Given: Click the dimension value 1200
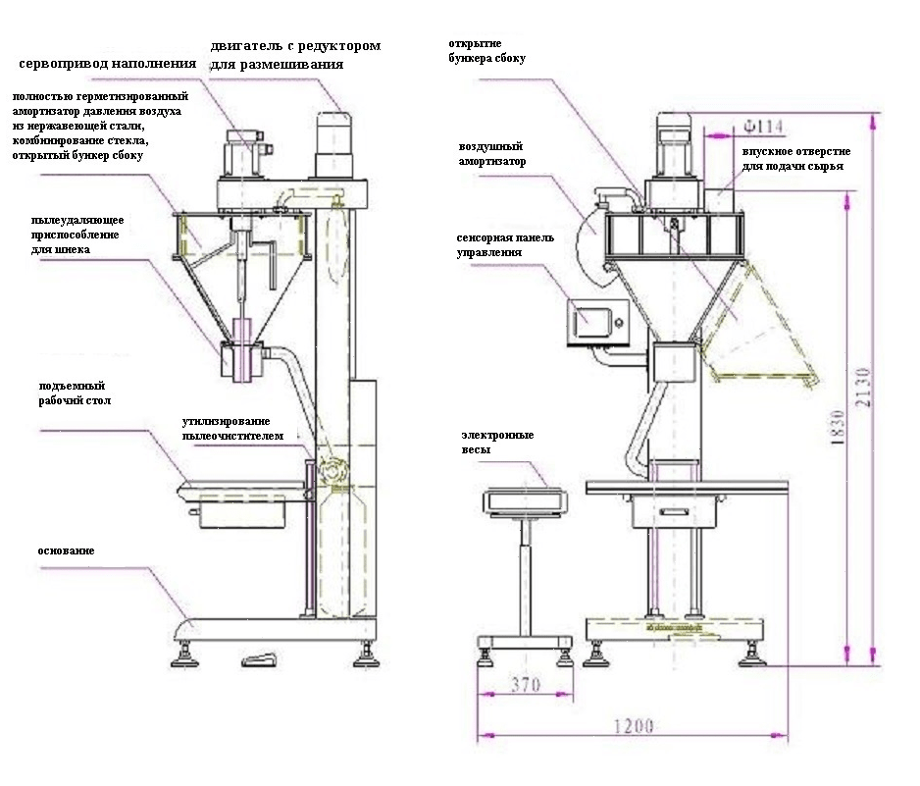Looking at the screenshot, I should (x=634, y=727).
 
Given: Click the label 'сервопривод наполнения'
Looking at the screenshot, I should (x=108, y=64).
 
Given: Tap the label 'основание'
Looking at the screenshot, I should (x=67, y=551).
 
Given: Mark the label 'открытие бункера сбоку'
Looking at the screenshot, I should (x=486, y=51).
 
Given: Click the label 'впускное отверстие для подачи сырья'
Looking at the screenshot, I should (x=795, y=158).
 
